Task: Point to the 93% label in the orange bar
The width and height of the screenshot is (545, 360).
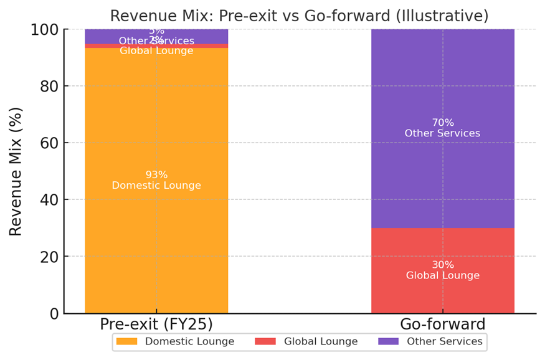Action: point(156,175)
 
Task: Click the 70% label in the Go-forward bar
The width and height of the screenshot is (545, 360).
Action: point(443,123)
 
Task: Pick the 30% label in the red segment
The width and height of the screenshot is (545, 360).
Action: point(443,265)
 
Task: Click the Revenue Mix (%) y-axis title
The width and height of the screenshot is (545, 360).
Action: point(16,171)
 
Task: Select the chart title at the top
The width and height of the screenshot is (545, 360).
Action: point(299,16)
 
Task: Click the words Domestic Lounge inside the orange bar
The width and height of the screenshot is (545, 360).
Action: point(156,186)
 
